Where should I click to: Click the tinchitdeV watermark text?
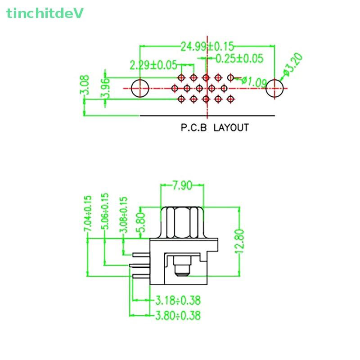point(45,13)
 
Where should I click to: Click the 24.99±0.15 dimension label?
point(207,46)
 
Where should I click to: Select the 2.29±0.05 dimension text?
point(153,65)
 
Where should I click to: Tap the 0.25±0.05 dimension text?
point(239,58)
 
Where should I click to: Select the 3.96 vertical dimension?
point(105,88)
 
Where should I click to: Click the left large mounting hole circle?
point(140,88)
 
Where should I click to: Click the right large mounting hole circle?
point(275,88)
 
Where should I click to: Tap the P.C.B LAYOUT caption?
point(215,128)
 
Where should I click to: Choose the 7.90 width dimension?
point(182,185)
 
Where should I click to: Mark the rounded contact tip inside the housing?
point(182,270)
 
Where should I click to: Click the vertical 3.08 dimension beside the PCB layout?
point(85,85)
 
